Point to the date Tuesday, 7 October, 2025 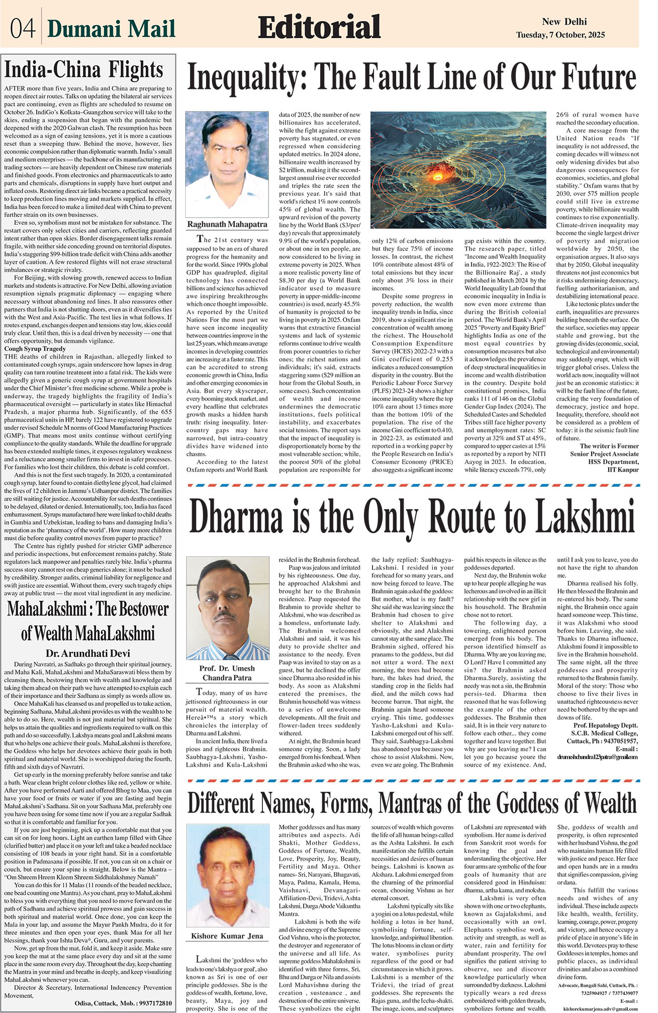pos(560,35)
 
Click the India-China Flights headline pos(83,70)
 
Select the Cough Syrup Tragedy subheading pos(35,348)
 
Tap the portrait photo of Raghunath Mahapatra pos(227,164)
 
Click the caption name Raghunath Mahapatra pos(227,224)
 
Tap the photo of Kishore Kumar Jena pos(227,876)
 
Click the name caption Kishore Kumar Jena pos(227,936)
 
